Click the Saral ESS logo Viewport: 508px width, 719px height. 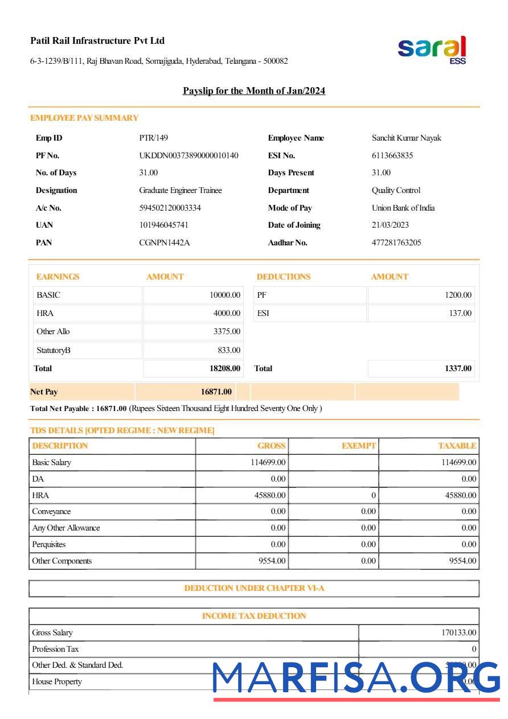pos(432,50)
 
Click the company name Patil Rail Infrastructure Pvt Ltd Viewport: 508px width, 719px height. pos(97,41)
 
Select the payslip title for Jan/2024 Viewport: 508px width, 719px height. pos(254,91)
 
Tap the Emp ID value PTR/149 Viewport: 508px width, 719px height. pos(154,138)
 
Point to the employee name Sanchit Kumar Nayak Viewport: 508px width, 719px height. pos(407,138)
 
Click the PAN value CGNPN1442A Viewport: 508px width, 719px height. pos(165,243)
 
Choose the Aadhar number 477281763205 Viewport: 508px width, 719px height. pos(396,243)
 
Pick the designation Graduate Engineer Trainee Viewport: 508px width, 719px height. pos(181,190)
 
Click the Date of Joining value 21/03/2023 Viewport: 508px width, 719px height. pos(390,225)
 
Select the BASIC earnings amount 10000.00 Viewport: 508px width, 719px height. pos(225,295)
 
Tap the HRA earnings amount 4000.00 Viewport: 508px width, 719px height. pos(227,313)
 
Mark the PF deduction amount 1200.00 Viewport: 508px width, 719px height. pos(458,295)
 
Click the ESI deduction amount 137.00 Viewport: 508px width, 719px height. pos(460,313)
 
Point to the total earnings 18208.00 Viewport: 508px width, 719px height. pos(225,368)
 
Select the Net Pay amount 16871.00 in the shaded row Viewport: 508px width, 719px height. pos(216,392)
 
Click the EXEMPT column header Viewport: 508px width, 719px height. pos(359,446)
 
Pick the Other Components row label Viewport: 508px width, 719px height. pos(62,561)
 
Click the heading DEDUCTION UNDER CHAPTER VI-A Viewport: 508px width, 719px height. pos(254,588)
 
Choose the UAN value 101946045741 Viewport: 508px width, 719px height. pos(164,225)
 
